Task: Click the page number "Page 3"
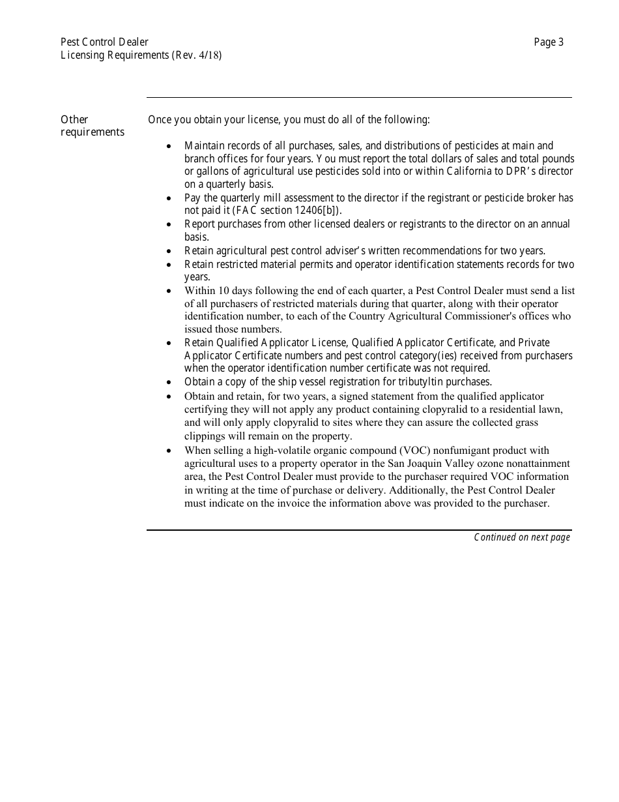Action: coord(549,42)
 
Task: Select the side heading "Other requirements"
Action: coord(92,126)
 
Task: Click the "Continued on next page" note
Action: coord(521,537)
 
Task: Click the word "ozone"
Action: coord(498,464)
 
